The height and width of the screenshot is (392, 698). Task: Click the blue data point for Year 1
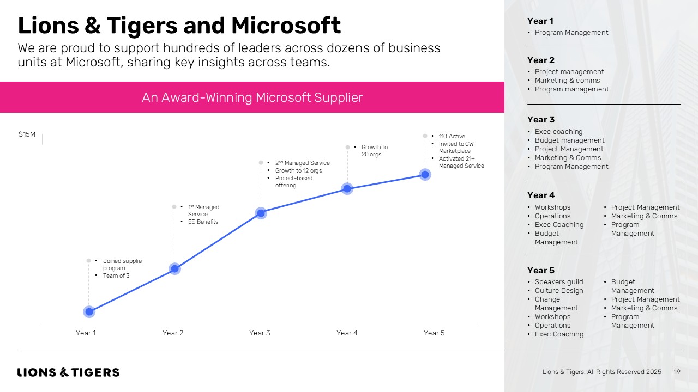89,311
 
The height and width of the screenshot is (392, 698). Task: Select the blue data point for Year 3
261,213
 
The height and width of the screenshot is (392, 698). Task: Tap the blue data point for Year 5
425,174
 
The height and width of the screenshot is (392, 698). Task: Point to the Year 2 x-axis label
173,333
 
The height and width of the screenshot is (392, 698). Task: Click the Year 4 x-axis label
347,333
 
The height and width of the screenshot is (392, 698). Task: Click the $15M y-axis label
27,134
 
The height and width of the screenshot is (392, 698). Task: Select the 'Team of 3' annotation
116,275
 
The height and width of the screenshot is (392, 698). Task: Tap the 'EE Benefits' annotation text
203,222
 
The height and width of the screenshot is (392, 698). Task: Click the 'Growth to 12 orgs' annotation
298,170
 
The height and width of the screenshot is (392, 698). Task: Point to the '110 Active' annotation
452,137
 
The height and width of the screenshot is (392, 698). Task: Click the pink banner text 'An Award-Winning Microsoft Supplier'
252,97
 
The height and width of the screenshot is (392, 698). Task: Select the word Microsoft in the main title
286,26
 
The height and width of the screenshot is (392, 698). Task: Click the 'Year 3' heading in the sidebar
541,120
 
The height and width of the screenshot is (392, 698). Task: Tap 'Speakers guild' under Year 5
558,282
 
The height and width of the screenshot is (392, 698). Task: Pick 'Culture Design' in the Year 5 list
558,291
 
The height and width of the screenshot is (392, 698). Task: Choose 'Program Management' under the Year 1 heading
571,33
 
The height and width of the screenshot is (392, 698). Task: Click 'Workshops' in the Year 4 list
552,207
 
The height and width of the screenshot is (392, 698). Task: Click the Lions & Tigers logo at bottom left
68,372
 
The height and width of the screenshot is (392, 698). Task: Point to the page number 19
677,372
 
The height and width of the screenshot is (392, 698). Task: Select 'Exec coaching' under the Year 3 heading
558,132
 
